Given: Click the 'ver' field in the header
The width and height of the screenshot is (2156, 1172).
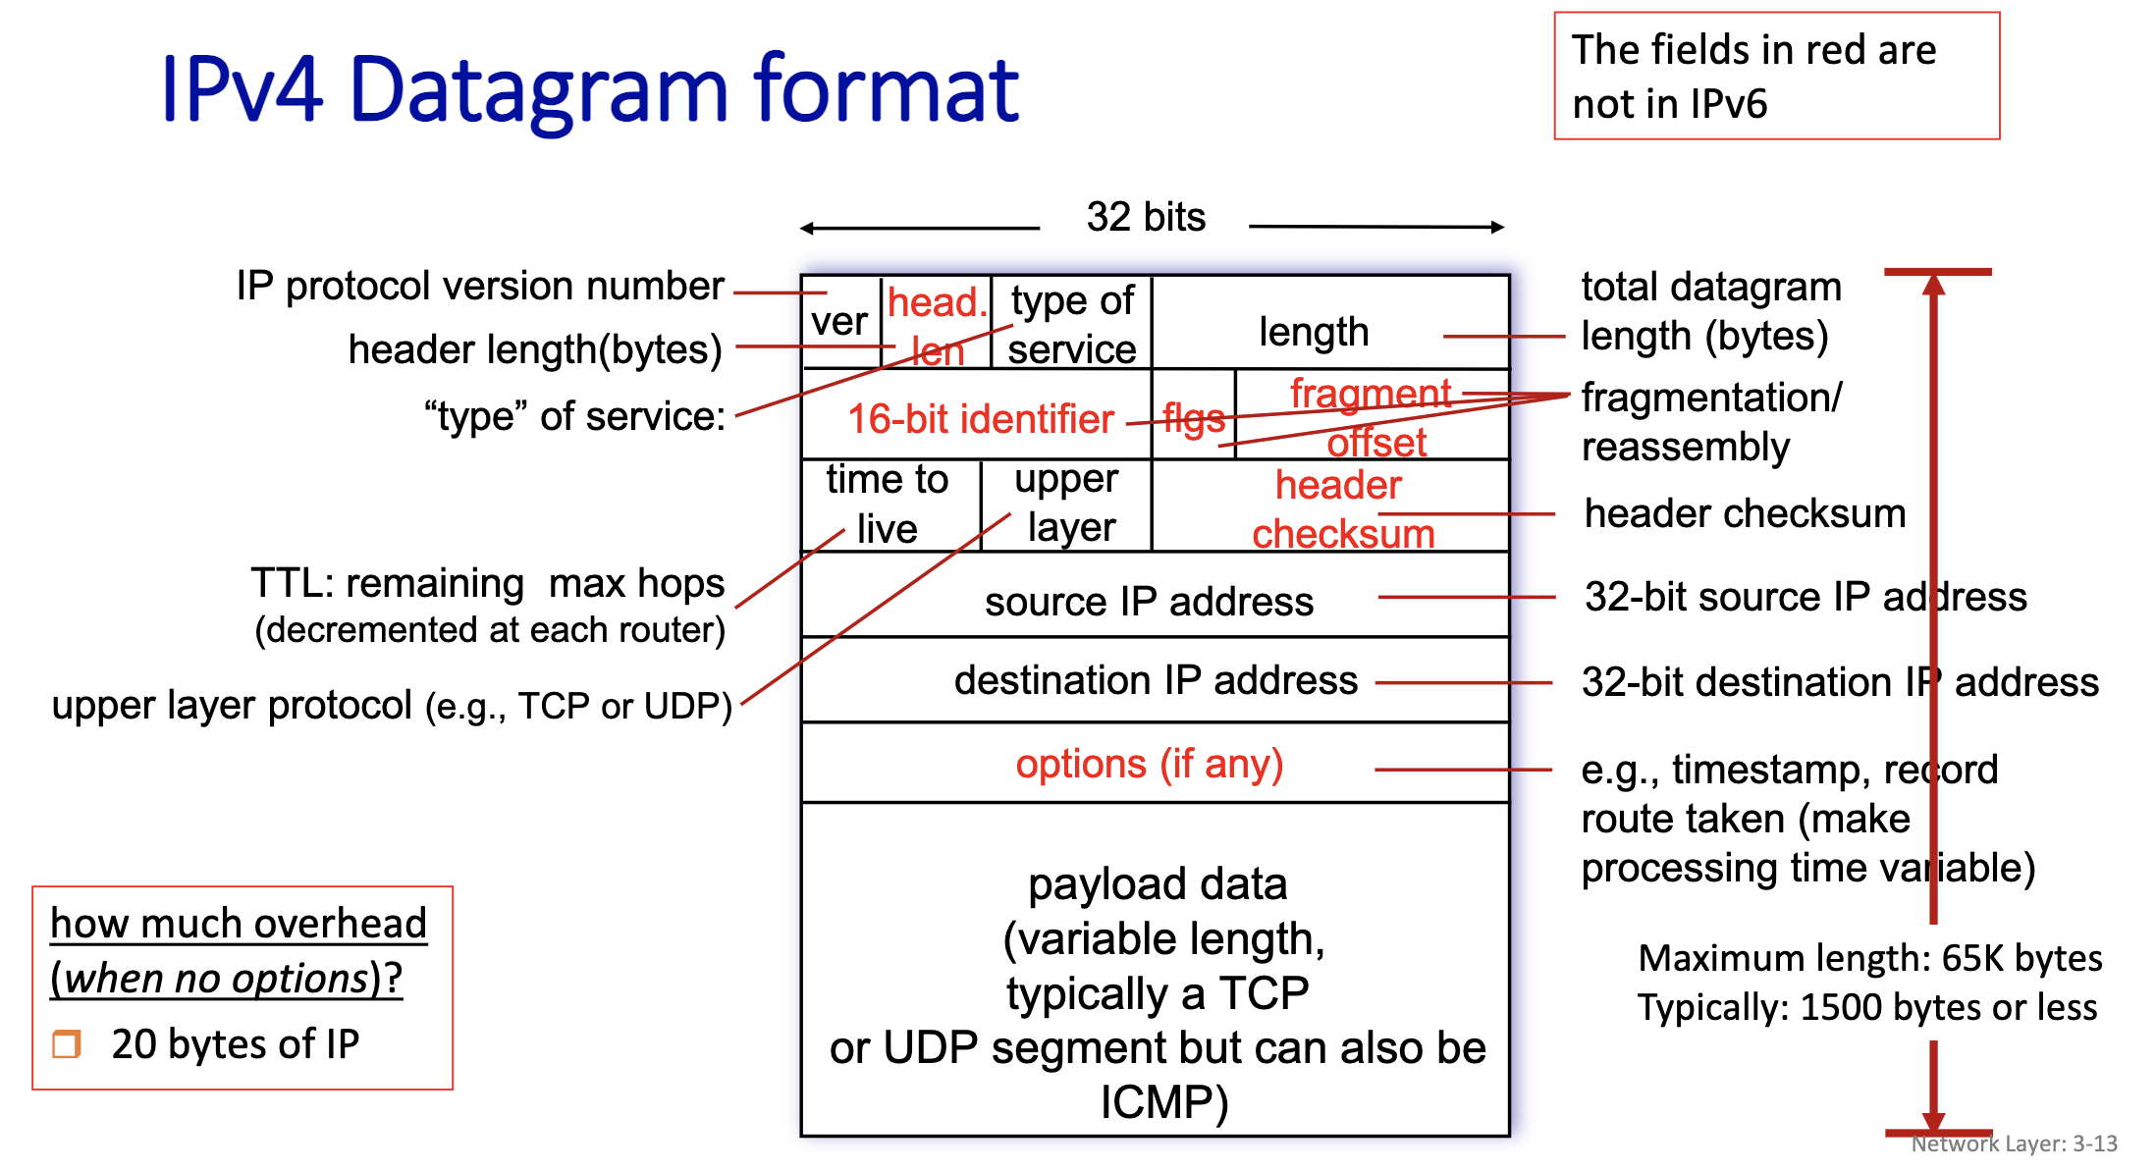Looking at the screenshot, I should click(839, 322).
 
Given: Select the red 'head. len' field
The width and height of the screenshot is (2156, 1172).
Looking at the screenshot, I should click(936, 324).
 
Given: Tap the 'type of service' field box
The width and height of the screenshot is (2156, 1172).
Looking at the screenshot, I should click(1072, 324).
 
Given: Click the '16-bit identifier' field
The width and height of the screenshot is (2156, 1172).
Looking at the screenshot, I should click(980, 419).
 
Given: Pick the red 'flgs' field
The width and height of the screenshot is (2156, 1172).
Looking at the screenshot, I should click(1194, 418).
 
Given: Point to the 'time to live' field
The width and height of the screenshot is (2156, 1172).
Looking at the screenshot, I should click(888, 505).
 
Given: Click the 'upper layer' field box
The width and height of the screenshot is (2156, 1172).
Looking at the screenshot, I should click(1067, 505).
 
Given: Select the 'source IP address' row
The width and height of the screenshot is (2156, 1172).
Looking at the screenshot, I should click(1149, 601).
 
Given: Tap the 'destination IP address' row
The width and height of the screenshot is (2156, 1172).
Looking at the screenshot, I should click(1156, 680).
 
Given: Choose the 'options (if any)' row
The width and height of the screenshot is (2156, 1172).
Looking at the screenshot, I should click(1149, 764).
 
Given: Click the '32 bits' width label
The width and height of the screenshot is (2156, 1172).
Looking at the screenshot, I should click(1146, 217).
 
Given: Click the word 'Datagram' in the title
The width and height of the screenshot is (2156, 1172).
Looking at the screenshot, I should click(538, 91).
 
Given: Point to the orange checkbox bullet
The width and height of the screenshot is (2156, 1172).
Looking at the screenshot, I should click(67, 1043).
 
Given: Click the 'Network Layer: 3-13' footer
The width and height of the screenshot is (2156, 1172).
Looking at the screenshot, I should click(2014, 1144).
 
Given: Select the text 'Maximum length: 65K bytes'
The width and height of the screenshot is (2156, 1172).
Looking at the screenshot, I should click(1869, 958).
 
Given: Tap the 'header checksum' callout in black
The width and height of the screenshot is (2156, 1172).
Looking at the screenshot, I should click(1745, 513).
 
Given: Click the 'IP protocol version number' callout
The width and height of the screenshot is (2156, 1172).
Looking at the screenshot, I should click(480, 286).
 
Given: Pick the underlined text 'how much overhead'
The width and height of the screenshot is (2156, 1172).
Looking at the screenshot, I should click(239, 924).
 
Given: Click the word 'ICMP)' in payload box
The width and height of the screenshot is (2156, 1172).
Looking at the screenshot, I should click(1163, 1102).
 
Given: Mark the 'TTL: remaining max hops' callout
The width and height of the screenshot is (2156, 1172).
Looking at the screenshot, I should click(487, 583).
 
